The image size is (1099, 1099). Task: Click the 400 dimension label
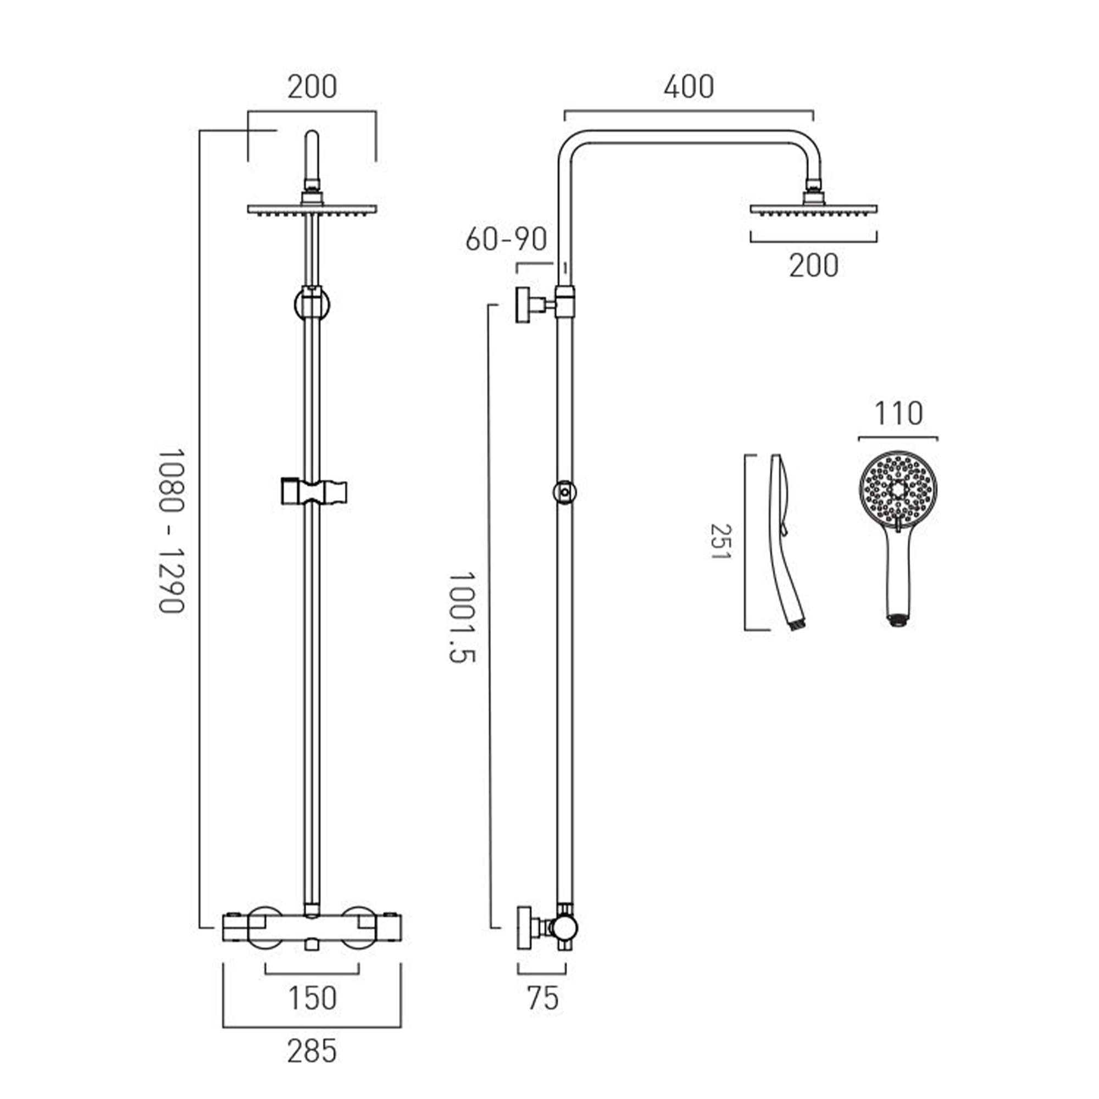[689, 87]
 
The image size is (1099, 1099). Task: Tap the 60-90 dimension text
[506, 240]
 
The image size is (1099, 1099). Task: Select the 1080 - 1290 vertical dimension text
[171, 531]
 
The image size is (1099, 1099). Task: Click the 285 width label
[312, 1051]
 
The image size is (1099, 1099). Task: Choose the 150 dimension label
[312, 998]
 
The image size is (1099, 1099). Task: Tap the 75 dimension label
[543, 998]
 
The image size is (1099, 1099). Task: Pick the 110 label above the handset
[898, 414]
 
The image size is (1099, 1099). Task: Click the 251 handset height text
[721, 542]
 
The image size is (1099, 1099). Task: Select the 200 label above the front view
[312, 87]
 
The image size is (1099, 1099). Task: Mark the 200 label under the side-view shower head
[813, 265]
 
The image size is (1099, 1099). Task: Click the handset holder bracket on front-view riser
[314, 492]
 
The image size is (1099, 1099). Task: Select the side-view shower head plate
[813, 210]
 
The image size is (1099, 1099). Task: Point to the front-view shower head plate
[312, 210]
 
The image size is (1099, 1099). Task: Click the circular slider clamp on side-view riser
[565, 491]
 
